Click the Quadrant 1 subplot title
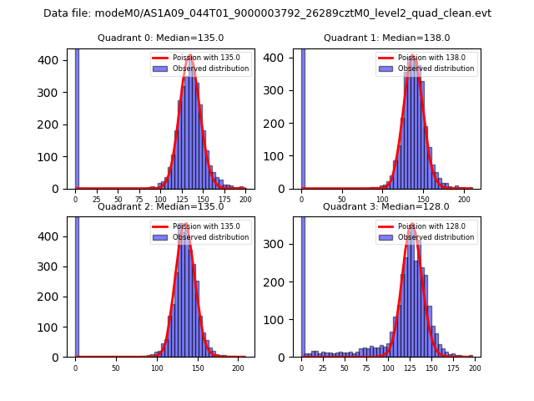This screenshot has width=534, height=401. click(386, 38)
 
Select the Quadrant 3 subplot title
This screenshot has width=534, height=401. click(386, 206)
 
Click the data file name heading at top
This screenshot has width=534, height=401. click(267, 13)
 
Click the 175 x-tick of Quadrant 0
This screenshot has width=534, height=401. click(224, 200)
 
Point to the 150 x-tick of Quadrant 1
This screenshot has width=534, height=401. click(424, 200)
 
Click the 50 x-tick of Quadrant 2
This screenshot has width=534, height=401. click(116, 368)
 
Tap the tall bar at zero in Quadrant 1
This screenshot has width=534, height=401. click(303, 117)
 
